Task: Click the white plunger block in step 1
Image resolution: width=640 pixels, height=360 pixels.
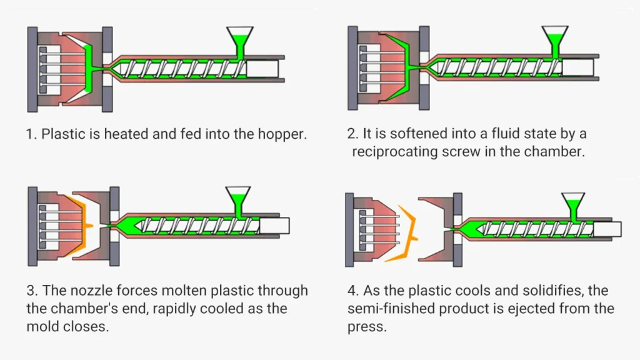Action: pos(262,69)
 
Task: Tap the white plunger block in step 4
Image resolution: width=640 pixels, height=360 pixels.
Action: pos(607,229)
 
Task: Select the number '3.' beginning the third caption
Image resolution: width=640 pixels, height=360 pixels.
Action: pos(32,291)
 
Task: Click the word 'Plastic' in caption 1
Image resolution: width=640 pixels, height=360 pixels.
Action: pos(63,134)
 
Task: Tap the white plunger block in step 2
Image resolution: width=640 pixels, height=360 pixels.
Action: pos(577,69)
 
